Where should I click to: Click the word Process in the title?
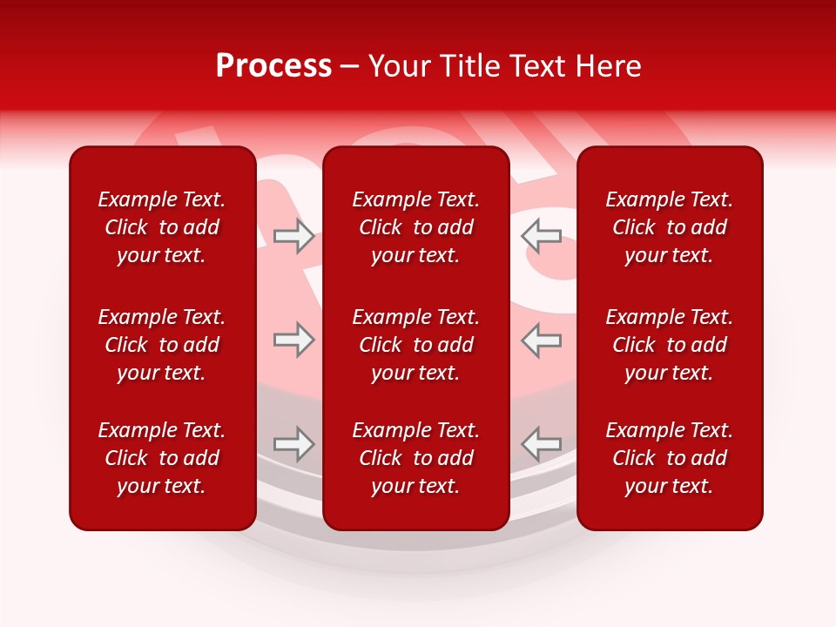coord(273,66)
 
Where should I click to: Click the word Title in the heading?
coord(467,66)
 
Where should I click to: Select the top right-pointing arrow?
coord(294,236)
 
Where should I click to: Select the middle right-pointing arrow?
coord(294,340)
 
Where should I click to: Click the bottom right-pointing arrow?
coord(294,444)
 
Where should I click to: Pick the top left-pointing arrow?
coord(541,236)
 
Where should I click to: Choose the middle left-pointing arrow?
coord(541,340)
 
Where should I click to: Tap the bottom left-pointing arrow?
coord(541,444)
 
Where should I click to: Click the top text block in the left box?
coord(162,227)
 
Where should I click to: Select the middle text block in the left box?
coord(162,345)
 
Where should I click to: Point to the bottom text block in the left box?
coord(162,458)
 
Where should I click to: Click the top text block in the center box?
coord(415,227)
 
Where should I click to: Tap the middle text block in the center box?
coord(415,345)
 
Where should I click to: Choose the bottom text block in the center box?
coord(415,458)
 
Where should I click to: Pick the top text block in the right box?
coord(669,227)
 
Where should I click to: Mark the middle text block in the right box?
coord(669,345)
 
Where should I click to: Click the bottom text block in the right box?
coord(669,458)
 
